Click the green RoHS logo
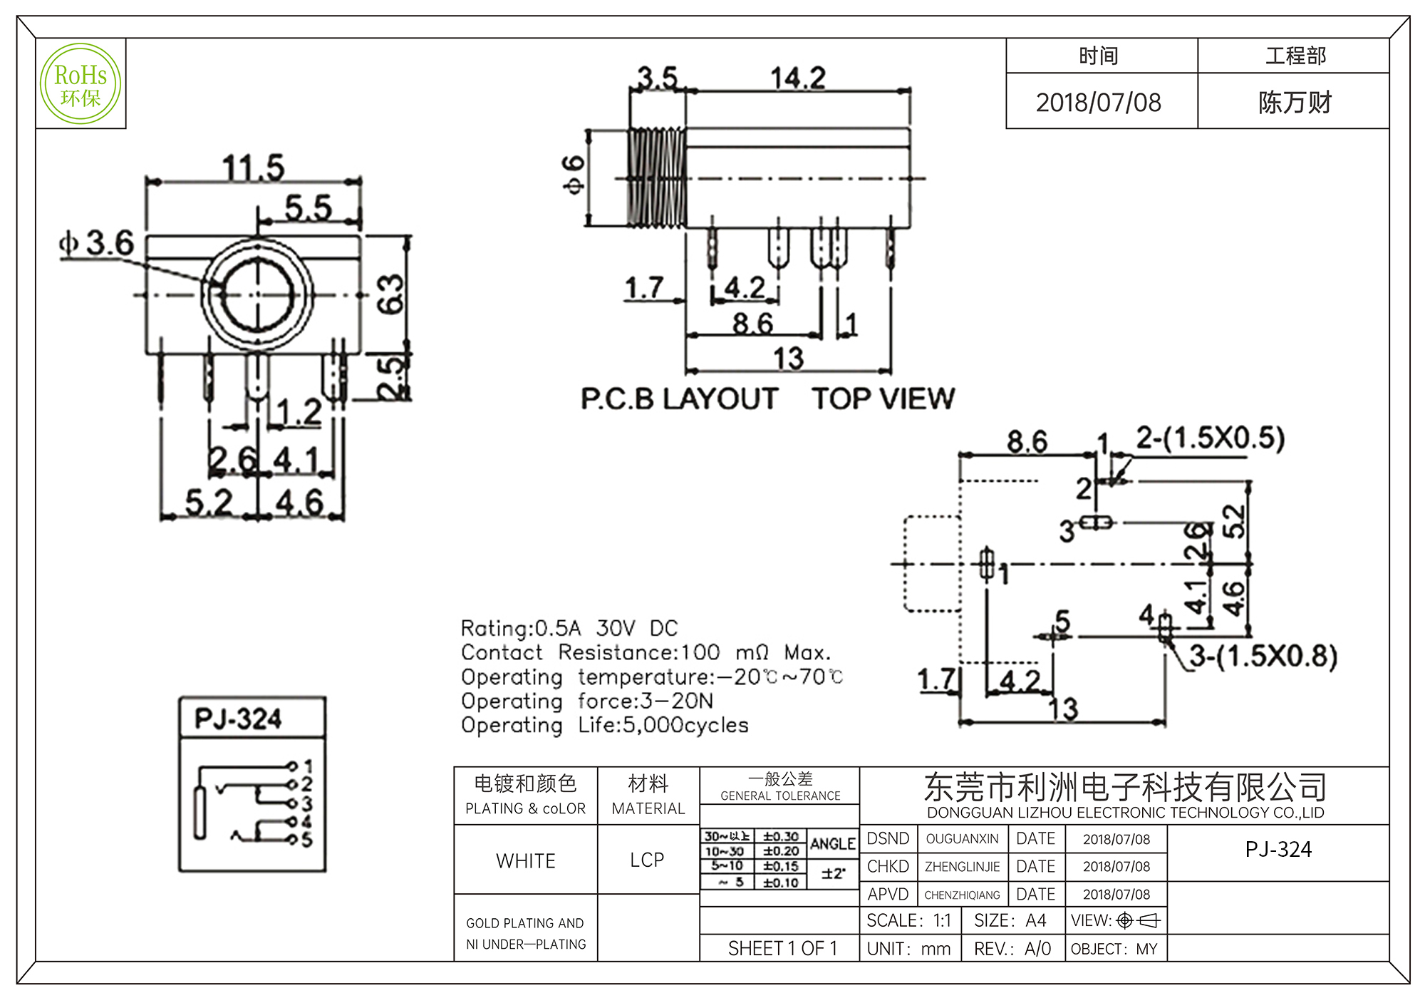(x=81, y=84)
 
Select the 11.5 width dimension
(x=253, y=168)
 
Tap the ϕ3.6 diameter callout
(x=97, y=243)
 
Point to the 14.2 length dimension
(x=798, y=78)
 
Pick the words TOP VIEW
(x=883, y=399)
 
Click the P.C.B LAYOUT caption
(x=679, y=399)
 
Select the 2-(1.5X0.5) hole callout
(x=1210, y=438)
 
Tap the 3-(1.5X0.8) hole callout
(x=1263, y=656)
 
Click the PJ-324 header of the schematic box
(x=238, y=719)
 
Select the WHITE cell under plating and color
(x=526, y=860)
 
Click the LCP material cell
(x=647, y=860)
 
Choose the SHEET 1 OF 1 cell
(x=782, y=948)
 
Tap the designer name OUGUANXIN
(x=962, y=839)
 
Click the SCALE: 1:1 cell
(x=908, y=921)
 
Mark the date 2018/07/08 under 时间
(x=1098, y=103)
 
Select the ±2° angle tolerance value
(x=833, y=873)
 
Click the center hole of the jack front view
(x=257, y=294)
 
